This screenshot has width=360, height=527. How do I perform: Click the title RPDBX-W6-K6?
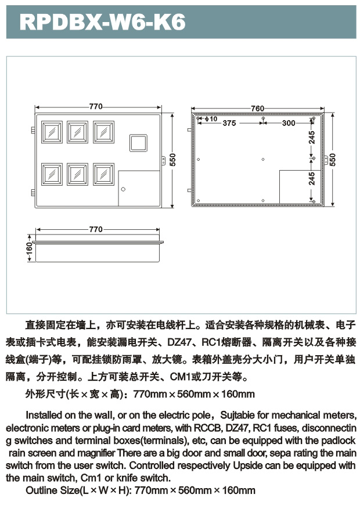click(103, 22)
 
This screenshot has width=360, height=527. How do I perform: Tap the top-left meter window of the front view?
click(51, 132)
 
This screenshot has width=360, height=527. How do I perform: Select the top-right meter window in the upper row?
click(103, 132)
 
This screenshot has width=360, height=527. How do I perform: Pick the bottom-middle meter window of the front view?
click(77, 174)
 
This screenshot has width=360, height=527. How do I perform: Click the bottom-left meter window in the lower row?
click(51, 174)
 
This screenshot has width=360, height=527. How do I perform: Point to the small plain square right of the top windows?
click(138, 143)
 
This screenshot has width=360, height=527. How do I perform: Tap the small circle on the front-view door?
click(123, 189)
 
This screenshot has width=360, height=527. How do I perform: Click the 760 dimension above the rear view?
click(257, 109)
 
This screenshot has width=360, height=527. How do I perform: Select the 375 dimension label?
click(229, 123)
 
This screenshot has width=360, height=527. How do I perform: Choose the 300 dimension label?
click(289, 123)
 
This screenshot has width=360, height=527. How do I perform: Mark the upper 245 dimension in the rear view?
click(312, 138)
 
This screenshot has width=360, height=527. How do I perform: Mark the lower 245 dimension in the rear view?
click(312, 178)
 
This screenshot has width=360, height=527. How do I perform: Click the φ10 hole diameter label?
click(211, 119)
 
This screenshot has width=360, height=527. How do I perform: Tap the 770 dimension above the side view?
click(96, 229)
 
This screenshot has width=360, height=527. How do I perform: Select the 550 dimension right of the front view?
click(172, 158)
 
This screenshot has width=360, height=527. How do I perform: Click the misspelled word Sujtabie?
click(242, 415)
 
